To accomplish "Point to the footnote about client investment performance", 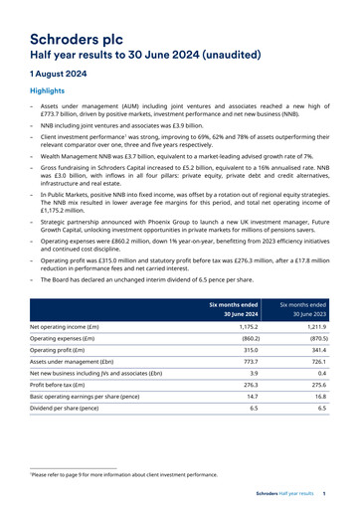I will (124, 475).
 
